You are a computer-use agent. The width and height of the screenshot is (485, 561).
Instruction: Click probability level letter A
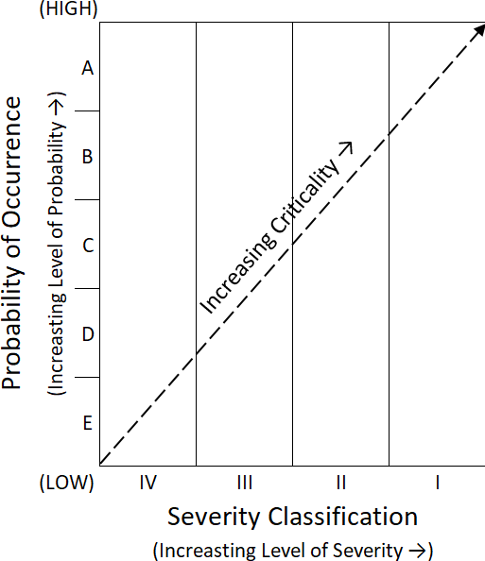88,68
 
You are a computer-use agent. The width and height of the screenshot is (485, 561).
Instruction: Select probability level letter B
88,157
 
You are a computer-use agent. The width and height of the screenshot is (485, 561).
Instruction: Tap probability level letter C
88,245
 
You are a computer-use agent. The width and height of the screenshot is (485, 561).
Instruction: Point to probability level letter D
88,333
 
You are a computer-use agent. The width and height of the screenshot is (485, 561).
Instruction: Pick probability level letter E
88,423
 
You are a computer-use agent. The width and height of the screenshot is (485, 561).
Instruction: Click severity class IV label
147,483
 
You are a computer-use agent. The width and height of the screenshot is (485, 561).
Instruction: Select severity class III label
245,483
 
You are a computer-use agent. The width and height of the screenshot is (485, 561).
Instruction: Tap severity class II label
341,483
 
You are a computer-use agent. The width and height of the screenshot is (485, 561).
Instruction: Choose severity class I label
438,483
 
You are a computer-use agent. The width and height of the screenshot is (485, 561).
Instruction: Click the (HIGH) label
68,8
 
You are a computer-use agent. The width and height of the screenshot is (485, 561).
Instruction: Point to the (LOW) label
66,483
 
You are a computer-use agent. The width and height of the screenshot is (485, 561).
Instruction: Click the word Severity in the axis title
214,517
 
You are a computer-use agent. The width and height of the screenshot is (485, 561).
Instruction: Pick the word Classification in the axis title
343,517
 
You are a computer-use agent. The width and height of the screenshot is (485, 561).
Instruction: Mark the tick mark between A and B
87,110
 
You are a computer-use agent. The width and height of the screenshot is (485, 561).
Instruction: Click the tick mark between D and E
87,377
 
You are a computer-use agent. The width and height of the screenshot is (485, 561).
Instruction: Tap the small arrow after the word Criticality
346,147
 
